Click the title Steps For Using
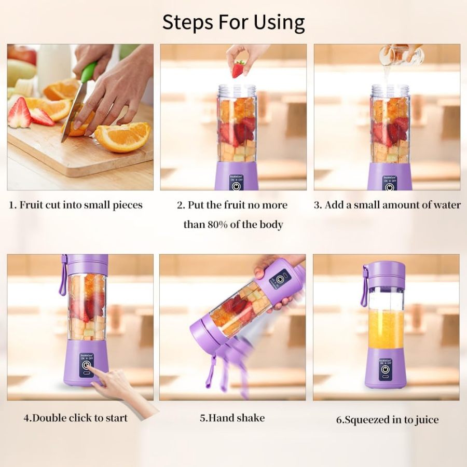[x=233, y=22]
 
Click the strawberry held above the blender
[x=239, y=69]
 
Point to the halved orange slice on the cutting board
[x=122, y=137]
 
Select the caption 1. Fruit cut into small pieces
[x=76, y=205]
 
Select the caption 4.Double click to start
[x=76, y=417]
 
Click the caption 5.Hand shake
[x=232, y=418]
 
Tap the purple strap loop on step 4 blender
[x=63, y=275]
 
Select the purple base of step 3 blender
[x=390, y=176]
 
